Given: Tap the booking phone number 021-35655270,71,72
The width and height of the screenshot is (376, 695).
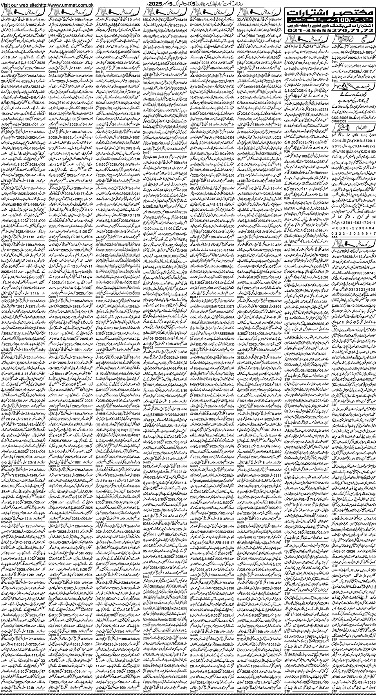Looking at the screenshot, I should coord(330,30).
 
